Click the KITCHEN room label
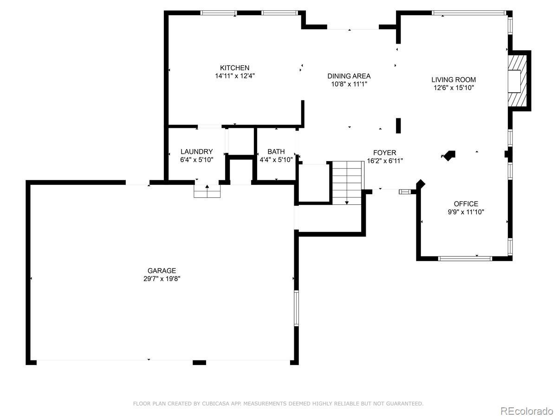234,68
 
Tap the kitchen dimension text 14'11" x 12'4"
235,76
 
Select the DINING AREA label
349,76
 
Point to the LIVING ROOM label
453,80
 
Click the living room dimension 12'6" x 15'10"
453,88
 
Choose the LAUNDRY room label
197,151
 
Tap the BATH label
276,151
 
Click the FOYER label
385,152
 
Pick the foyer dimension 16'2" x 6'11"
385,161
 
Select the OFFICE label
466,204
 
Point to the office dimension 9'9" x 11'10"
466,212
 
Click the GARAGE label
162,271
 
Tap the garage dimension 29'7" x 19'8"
162,279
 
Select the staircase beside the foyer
347,183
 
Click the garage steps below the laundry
207,191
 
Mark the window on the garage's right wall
297,308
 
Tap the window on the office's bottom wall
465,259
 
